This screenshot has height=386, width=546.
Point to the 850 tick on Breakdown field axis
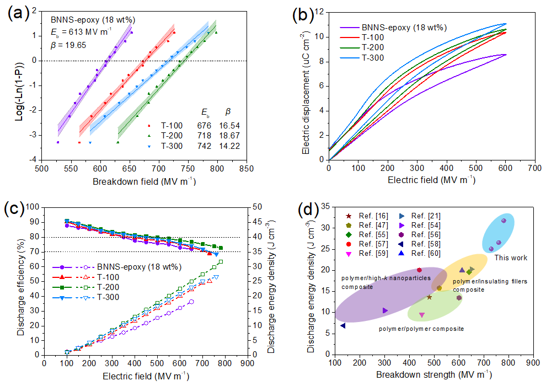point(247,168)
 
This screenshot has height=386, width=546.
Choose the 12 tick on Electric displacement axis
point(321,13)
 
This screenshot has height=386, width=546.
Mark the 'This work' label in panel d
point(510,258)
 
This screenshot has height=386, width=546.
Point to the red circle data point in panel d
point(419,270)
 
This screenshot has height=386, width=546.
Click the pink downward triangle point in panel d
point(422,315)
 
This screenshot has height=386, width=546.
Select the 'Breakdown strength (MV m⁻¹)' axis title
point(433,374)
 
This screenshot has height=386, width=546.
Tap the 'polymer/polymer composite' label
point(421,329)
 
